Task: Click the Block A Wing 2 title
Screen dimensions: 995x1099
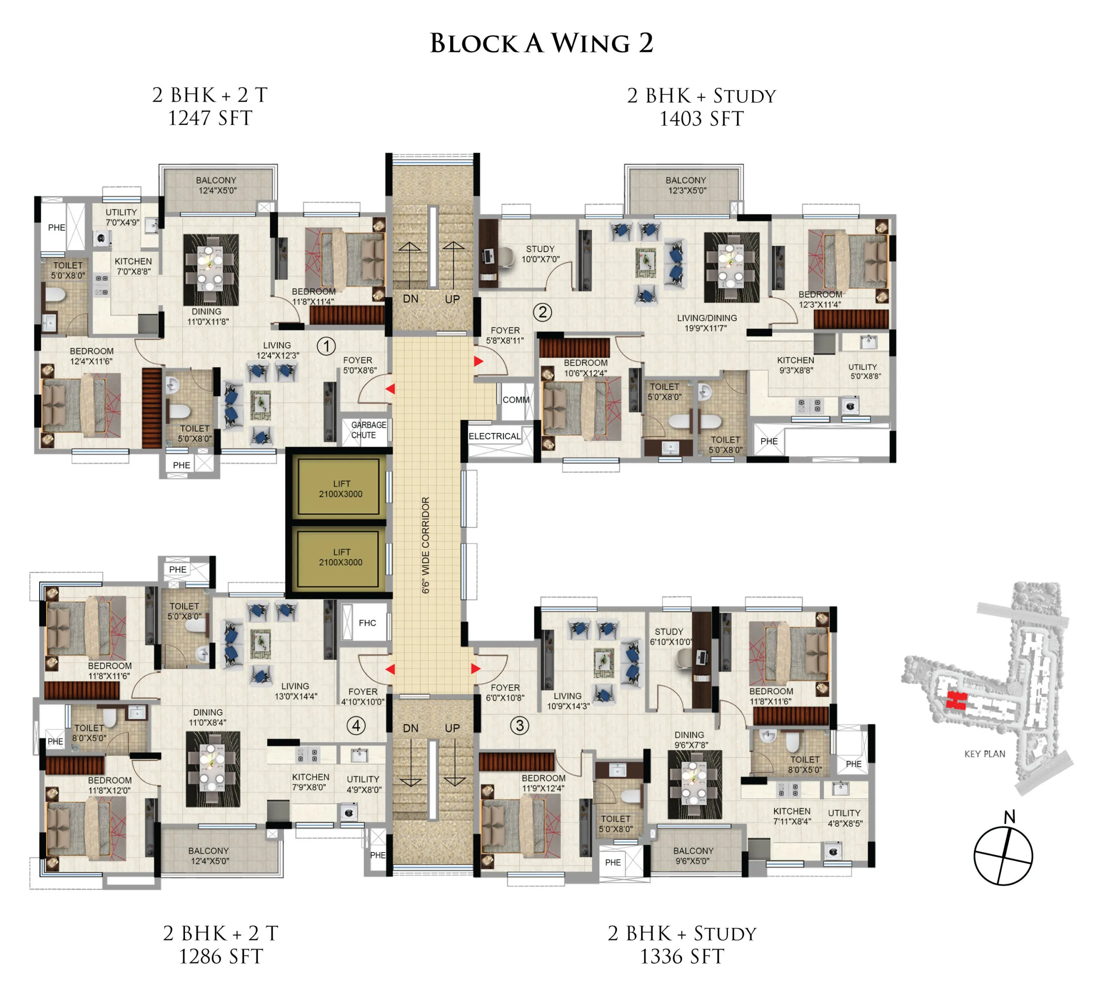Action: click(x=541, y=44)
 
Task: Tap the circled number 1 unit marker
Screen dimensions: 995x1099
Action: click(x=326, y=346)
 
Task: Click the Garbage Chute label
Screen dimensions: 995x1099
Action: click(x=368, y=430)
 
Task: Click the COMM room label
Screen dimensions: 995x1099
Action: click(x=516, y=400)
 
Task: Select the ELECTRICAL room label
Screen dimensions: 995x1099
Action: click(x=495, y=437)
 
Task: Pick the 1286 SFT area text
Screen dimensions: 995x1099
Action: click(x=221, y=957)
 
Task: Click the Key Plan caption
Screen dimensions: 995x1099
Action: click(x=984, y=754)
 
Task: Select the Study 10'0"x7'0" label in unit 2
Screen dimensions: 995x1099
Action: click(x=540, y=254)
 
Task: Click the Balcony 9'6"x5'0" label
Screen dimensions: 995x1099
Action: click(x=693, y=856)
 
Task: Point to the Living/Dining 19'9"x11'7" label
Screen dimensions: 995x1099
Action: click(x=707, y=323)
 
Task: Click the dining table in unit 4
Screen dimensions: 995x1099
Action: click(x=212, y=769)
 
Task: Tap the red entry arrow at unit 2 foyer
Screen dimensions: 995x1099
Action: click(x=478, y=361)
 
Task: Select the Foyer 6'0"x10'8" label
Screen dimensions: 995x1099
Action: click(x=505, y=693)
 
